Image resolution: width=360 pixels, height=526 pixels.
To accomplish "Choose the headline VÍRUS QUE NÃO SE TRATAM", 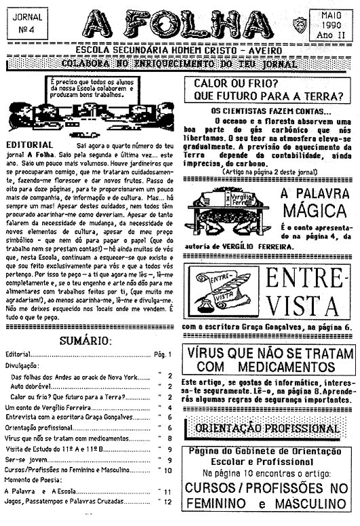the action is tap(272, 355).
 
